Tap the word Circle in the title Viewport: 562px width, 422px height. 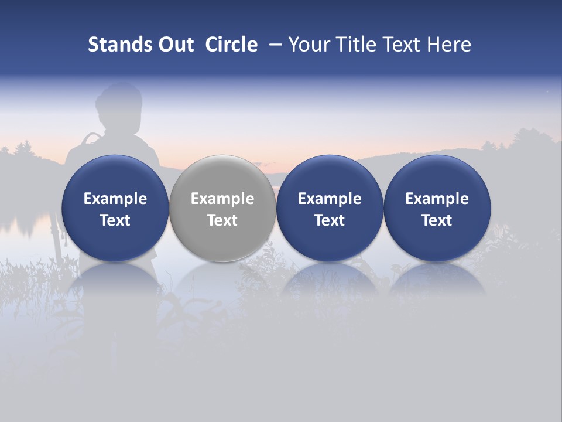[x=231, y=45]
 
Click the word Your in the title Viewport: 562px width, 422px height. [x=307, y=45]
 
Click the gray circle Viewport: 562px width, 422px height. [x=222, y=208]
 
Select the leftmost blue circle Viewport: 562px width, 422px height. [x=115, y=208]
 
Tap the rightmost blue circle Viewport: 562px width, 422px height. [x=437, y=208]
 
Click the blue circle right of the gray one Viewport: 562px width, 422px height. [x=330, y=208]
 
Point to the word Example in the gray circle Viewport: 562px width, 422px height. [x=222, y=199]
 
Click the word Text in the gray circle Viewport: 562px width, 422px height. [x=222, y=220]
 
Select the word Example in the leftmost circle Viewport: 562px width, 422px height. [x=115, y=199]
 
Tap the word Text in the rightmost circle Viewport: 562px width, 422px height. [x=437, y=220]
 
